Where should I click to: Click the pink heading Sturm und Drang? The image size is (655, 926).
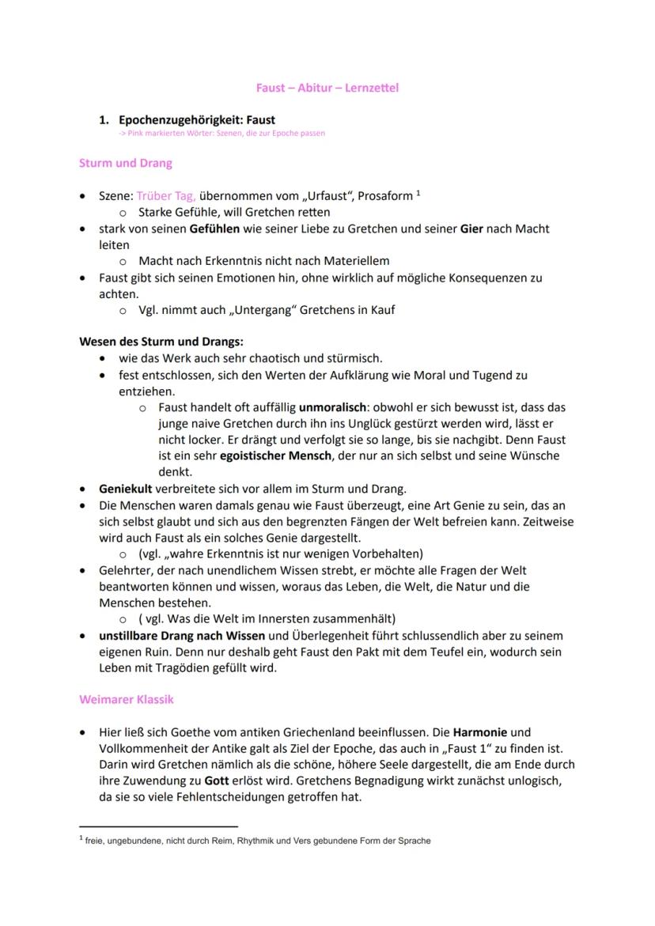click(x=126, y=164)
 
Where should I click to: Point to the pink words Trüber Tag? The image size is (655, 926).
click(x=165, y=195)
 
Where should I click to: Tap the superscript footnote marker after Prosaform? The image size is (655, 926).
click(x=418, y=192)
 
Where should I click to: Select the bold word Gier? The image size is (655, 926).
click(x=471, y=229)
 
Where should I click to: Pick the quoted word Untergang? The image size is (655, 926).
click(x=267, y=310)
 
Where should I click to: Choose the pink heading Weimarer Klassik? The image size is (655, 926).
click(x=127, y=700)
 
